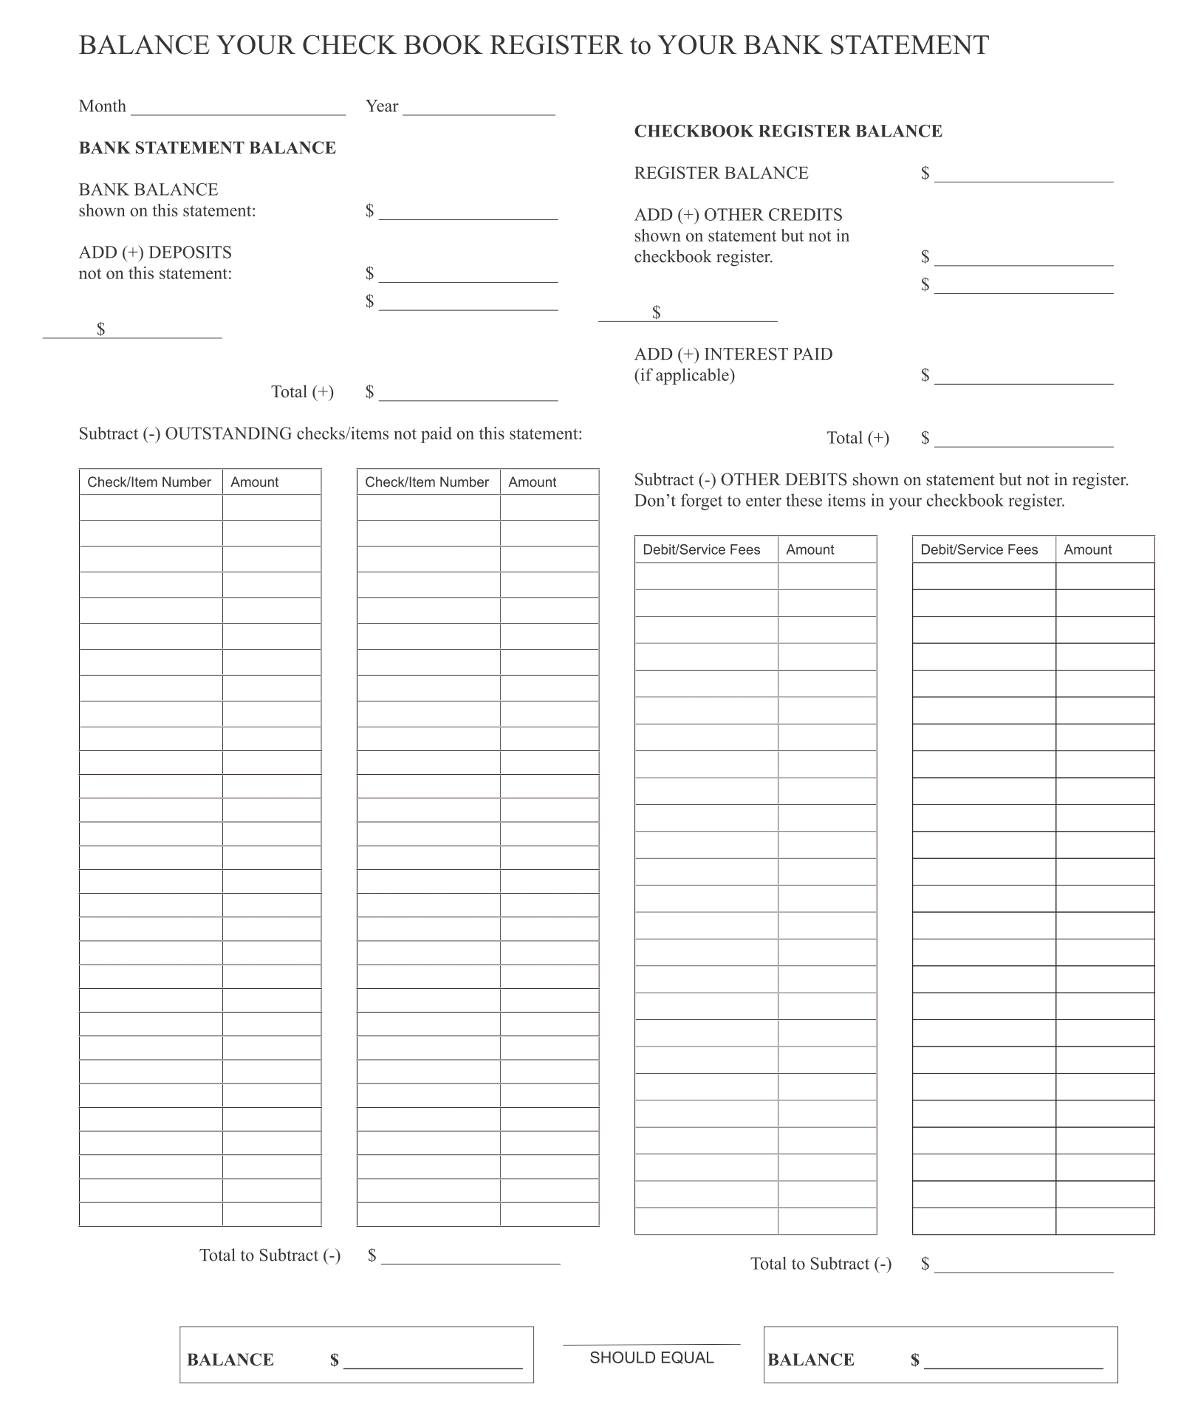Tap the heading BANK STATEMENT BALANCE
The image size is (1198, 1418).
[207, 148]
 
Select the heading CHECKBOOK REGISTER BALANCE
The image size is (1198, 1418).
[787, 131]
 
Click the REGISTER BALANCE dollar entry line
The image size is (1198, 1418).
[1023, 176]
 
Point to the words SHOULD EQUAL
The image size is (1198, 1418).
[651, 1357]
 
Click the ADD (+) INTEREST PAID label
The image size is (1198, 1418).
[733, 354]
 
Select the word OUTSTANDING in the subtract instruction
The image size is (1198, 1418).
[228, 434]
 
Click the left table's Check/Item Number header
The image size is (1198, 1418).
[149, 482]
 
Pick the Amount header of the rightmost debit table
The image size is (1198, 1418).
[1087, 549]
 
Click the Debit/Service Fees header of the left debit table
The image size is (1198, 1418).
[701, 549]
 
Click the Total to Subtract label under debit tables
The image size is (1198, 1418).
[821, 1264]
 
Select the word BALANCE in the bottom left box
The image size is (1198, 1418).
[230, 1360]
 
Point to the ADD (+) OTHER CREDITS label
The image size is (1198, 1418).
[738, 215]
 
